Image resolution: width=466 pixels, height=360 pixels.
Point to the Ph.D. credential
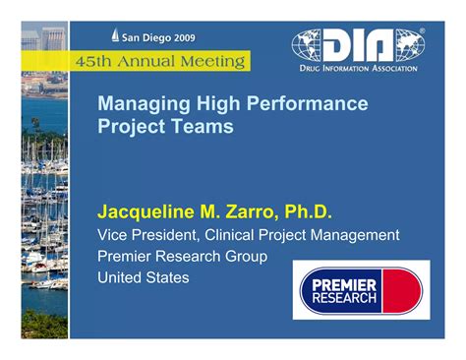[x=310, y=212]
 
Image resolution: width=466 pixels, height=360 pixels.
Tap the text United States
[x=144, y=277]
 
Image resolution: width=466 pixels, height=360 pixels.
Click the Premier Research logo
[x=360, y=290]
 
